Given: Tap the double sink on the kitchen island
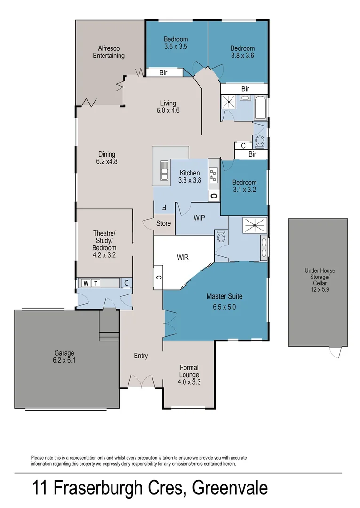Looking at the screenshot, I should coord(164,170).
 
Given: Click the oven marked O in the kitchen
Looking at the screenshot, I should coord(214,196).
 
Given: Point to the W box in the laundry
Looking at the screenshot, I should coord(86,283).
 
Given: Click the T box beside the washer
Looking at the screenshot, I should coord(96,283).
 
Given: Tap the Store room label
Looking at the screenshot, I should coord(163,223).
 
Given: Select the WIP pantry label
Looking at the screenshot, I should coord(199,218).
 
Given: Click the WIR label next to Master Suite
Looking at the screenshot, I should coord(183,257).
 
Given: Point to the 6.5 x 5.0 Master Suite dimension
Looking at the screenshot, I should coord(224,307).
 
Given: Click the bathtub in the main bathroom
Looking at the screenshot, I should coord(260,108).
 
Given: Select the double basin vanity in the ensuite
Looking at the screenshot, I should coord(264,247).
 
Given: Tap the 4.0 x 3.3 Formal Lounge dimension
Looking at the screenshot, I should coord(189,382).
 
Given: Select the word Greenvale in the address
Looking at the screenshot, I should coord(234,488).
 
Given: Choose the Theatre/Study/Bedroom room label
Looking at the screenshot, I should coord(104,244).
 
